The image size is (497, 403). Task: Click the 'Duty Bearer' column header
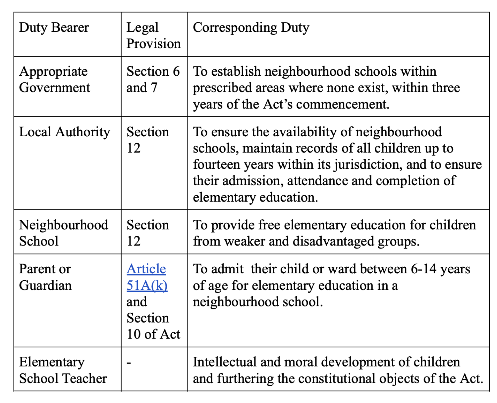pyautogui.click(x=54, y=27)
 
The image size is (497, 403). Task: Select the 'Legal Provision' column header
pyautogui.click(x=153, y=35)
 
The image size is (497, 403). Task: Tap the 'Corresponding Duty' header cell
pyautogui.click(x=251, y=27)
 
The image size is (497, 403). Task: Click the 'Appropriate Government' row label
pyautogui.click(x=54, y=79)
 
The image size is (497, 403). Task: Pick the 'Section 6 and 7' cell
pyautogui.click(x=153, y=79)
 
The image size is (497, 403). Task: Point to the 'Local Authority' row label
pyautogui.click(x=65, y=132)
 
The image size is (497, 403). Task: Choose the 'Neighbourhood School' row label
pyautogui.click(x=63, y=233)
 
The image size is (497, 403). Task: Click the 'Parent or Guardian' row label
pyautogui.click(x=45, y=277)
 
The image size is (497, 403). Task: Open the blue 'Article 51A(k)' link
pyautogui.click(x=147, y=277)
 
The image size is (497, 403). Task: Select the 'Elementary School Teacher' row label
pyautogui.click(x=63, y=370)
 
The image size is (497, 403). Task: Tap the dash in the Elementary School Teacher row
pyautogui.click(x=129, y=363)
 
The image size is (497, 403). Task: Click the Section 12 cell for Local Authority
pyautogui.click(x=147, y=140)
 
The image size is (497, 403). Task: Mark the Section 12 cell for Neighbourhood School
pyautogui.click(x=147, y=233)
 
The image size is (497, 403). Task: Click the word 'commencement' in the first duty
pyautogui.click(x=342, y=104)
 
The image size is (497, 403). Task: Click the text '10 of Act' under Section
pyautogui.click(x=153, y=334)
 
